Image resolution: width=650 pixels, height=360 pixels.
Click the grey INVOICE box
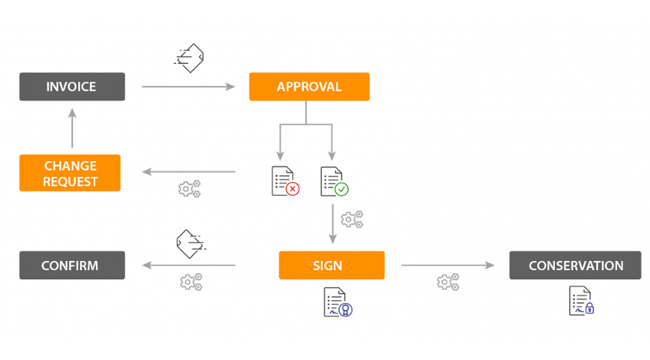pos(72,87)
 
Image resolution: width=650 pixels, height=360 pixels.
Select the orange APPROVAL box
pos(309,87)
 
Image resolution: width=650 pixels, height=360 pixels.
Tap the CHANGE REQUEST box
pos(70,173)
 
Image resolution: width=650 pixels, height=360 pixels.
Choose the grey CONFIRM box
pos(72,265)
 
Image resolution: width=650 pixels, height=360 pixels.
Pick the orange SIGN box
pos(332,265)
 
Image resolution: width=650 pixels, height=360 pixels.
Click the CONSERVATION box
pos(575,265)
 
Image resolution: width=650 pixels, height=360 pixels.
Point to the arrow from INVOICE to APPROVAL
pos(189,87)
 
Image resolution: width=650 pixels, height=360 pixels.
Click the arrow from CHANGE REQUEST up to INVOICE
pos(73,128)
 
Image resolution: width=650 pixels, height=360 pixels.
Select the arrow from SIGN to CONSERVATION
pos(448,265)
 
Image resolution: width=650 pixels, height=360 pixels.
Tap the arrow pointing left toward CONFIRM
pos(189,265)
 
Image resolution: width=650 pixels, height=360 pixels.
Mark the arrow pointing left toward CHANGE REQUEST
pos(189,172)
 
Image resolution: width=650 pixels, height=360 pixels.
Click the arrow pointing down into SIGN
pos(332,224)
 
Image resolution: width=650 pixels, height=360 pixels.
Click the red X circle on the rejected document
pos(293,189)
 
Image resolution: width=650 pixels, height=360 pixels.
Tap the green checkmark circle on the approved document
pos(342,190)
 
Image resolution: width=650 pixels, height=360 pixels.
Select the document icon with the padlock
pos(581,301)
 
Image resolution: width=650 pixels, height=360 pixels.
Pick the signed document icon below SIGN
pos(338,302)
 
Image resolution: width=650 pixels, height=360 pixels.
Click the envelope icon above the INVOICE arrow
pos(189,58)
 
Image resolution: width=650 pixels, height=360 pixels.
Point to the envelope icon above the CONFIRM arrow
pos(191,244)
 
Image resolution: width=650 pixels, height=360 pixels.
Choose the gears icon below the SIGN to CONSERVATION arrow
pos(448,282)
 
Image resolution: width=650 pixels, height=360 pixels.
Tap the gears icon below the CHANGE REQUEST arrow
pos(189,189)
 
